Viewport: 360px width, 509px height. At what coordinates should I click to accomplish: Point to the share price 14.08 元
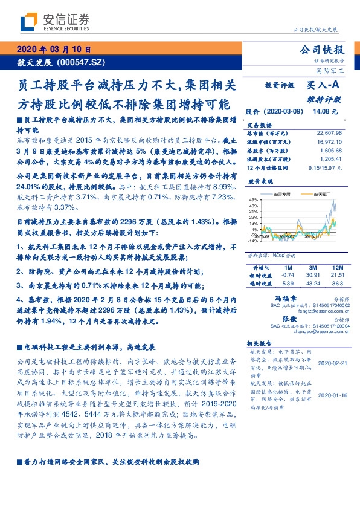pos(322,111)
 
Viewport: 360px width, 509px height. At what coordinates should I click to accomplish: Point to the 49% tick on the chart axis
pos(254,200)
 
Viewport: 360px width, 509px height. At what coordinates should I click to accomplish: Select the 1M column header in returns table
pos(288,267)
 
